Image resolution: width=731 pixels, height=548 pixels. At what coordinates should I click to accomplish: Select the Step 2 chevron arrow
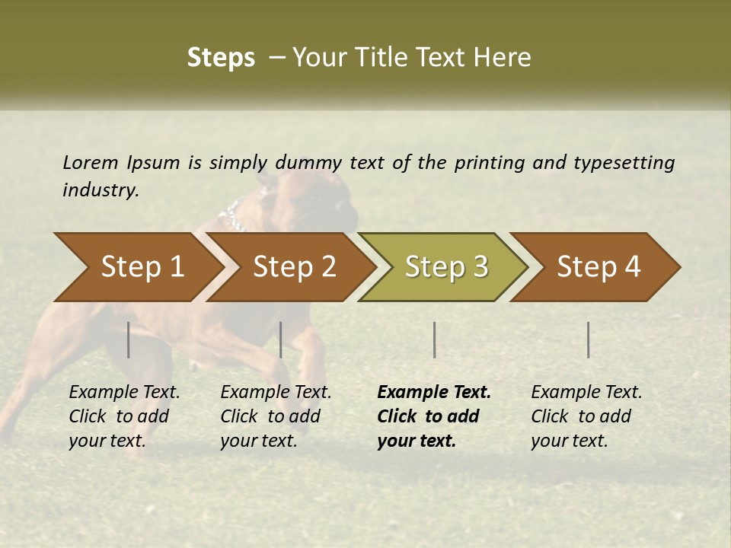[293, 267]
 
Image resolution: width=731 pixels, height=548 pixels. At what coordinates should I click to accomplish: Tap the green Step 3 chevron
[445, 267]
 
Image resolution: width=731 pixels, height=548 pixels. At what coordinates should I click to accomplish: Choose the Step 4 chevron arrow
[598, 267]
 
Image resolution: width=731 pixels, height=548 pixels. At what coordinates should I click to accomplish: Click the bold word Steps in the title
[221, 57]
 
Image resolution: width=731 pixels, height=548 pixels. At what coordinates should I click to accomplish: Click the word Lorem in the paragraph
[91, 162]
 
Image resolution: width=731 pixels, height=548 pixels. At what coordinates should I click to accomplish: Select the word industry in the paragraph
[101, 190]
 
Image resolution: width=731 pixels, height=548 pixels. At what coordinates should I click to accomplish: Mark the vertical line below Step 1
[129, 339]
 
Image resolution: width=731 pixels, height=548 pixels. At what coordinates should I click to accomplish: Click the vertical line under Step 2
[281, 339]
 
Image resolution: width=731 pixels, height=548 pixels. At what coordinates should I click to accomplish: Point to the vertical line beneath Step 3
[434, 339]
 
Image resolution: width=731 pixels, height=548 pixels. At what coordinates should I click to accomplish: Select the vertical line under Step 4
[588, 339]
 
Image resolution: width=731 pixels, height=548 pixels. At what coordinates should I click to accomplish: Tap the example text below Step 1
[124, 416]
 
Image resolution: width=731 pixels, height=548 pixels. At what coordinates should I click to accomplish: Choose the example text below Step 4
[586, 416]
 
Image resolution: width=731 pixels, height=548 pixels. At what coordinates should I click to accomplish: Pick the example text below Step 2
[276, 416]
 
